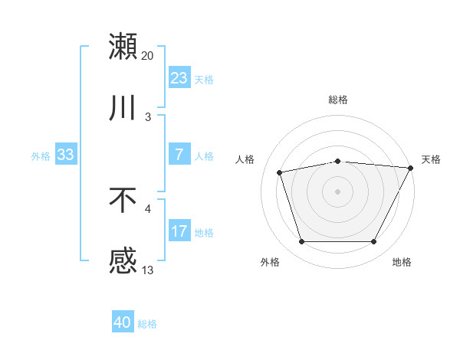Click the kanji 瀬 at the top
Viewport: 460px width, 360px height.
pos(123,46)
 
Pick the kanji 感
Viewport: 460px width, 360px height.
pos(123,262)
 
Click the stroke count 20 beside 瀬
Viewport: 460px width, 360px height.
pos(148,56)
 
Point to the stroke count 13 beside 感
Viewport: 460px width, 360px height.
pos(148,270)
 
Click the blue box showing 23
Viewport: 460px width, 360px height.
pos(179,78)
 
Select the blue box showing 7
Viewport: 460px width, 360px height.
pos(179,155)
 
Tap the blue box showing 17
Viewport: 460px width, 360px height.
pos(179,231)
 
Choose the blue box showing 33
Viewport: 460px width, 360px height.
pos(65,155)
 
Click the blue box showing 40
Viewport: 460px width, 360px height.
pos(123,323)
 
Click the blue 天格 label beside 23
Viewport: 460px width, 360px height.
pos(204,79)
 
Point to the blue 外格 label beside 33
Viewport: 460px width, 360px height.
pos(41,155)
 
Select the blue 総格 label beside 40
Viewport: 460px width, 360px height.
pos(147,324)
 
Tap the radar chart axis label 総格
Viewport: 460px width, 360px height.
pos(338,100)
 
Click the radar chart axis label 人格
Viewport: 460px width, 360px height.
pos(245,159)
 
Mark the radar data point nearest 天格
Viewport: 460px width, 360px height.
pos(412,168)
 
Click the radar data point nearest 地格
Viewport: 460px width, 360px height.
pos(374,242)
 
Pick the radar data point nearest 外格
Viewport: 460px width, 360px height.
pos(301,242)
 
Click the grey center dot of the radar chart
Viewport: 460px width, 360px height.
pos(337,191)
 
